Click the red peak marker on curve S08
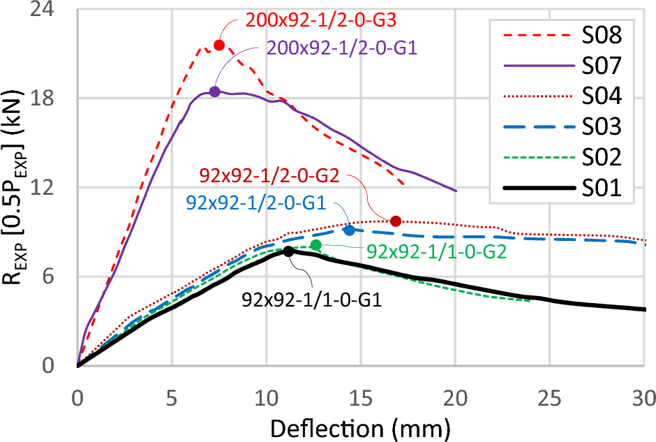click(219, 45)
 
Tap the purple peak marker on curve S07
click(214, 91)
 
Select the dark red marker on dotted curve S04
click(396, 221)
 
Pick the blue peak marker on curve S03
click(349, 230)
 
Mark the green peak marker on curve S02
click(315, 244)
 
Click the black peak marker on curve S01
click(288, 251)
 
